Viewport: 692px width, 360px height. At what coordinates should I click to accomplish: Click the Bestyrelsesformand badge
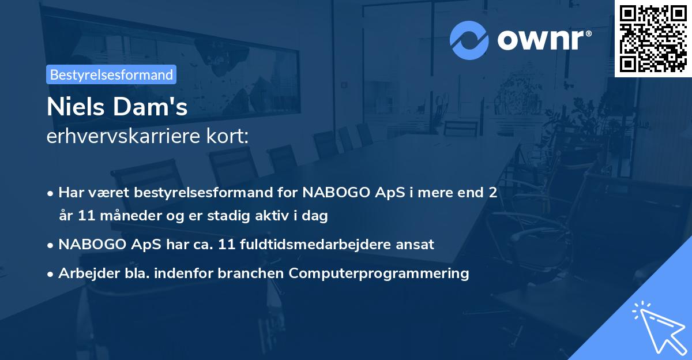pos(111,74)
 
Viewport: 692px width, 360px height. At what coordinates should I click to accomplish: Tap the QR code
pos(653,38)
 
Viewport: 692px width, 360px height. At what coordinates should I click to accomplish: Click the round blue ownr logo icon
pos(470,40)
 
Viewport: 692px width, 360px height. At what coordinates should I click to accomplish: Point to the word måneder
pos(128,216)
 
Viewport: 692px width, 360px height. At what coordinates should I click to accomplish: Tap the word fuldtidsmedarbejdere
pos(315,244)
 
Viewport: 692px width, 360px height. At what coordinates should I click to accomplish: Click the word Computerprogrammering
pos(379,273)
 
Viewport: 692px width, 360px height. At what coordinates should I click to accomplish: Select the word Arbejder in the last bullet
pos(84,273)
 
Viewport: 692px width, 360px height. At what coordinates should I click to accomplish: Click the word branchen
pos(250,273)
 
